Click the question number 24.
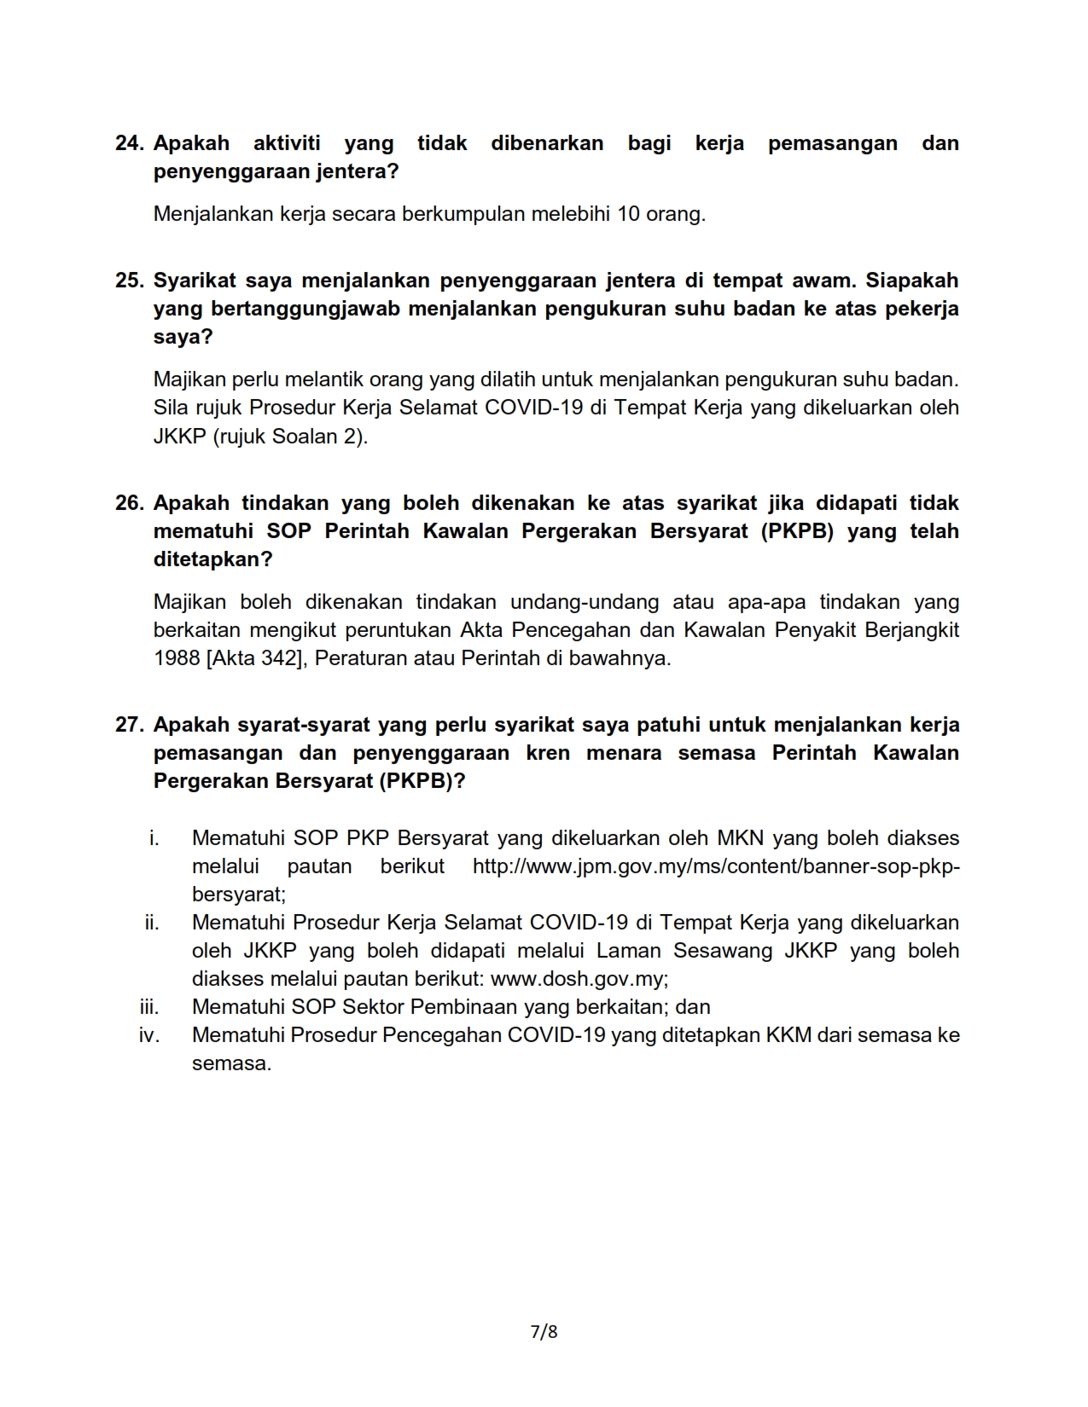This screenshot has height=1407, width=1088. point(129,143)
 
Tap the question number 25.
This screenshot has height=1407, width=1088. point(129,281)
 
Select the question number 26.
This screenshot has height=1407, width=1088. point(129,503)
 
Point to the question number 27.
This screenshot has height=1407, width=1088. point(129,725)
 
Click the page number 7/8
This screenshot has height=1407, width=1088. point(544,1331)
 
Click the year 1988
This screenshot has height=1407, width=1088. point(177,659)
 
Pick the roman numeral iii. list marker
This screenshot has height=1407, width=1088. point(149,1007)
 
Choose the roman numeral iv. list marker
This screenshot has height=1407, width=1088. point(149,1035)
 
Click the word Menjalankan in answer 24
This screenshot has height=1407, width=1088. point(213,214)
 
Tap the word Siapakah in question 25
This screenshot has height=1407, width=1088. point(912,281)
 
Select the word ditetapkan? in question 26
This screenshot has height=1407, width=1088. point(213,559)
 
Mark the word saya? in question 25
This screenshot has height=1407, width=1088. point(183,337)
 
